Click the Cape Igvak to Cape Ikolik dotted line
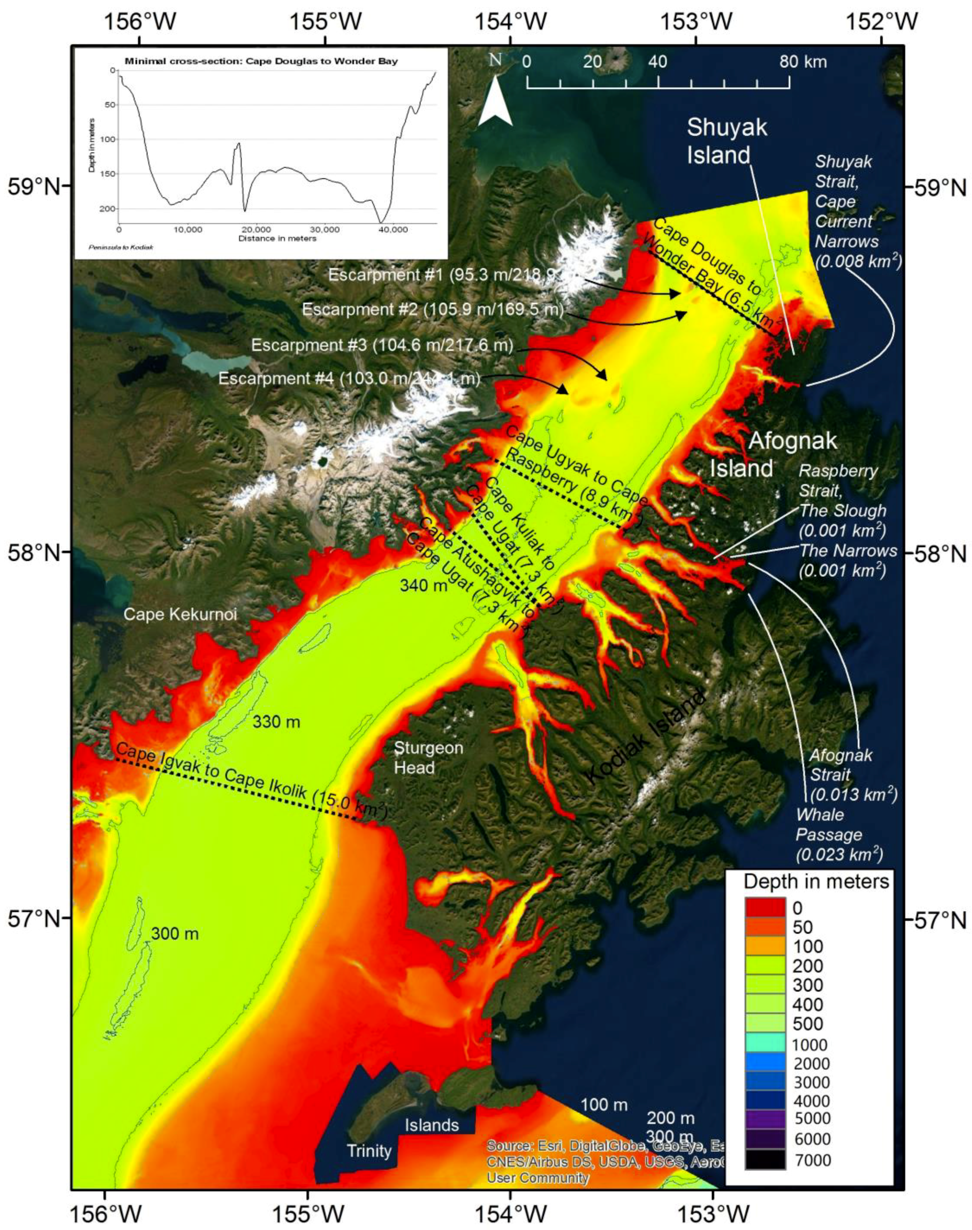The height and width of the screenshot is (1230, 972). tap(239, 788)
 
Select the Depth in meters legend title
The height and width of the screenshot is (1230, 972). tap(815, 881)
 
